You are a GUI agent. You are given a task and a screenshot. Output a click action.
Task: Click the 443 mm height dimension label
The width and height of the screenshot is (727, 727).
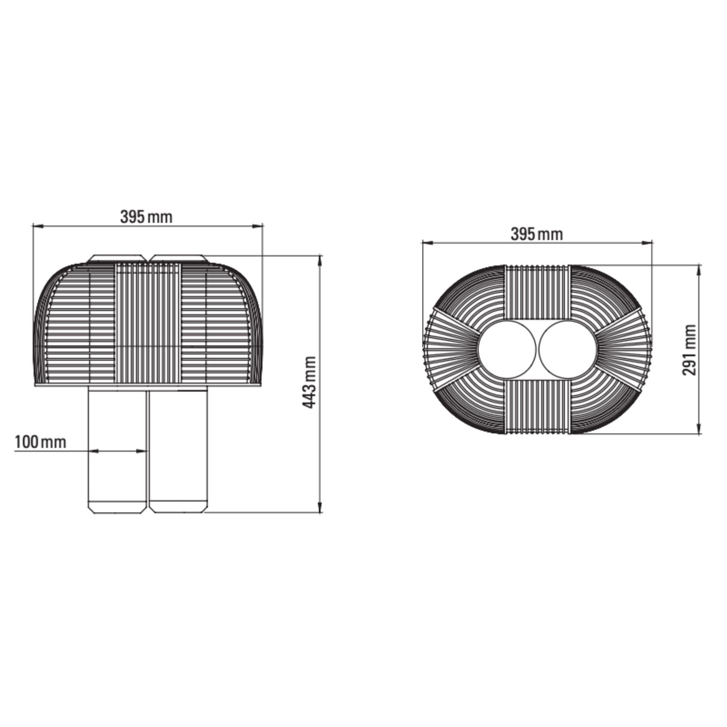pyautogui.click(x=309, y=382)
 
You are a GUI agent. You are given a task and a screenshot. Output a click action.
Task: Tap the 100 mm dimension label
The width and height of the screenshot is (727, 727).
pyautogui.click(x=40, y=442)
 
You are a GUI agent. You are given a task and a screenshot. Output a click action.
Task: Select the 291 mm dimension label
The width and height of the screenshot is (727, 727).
pyautogui.click(x=689, y=349)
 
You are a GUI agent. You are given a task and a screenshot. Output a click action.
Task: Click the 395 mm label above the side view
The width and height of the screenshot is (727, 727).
pyautogui.click(x=146, y=217)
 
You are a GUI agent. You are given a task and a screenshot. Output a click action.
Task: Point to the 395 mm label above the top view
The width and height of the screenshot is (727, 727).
pyautogui.click(x=537, y=234)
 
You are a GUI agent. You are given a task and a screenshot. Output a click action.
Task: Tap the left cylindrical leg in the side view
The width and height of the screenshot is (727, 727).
pyautogui.click(x=117, y=450)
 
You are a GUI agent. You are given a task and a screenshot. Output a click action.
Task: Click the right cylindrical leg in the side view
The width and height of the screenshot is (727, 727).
pyautogui.click(x=179, y=450)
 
